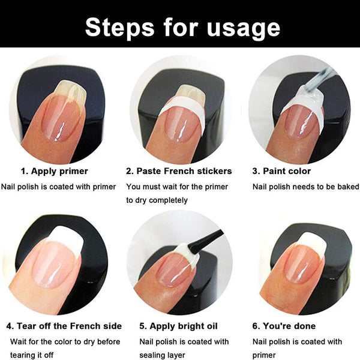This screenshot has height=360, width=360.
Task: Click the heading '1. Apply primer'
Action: tap(55, 171)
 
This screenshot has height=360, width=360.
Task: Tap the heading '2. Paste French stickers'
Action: tap(179, 171)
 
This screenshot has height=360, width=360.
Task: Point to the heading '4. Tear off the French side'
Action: tap(64, 326)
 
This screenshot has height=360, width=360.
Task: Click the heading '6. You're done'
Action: tap(284, 326)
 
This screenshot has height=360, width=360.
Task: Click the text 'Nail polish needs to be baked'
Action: tap(305, 187)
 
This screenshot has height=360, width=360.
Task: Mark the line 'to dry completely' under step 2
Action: tap(157, 200)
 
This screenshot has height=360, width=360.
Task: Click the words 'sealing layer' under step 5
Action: tap(162, 355)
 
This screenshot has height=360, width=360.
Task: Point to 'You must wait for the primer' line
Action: tap(177, 187)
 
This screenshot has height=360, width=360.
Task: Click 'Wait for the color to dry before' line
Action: tap(65, 341)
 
